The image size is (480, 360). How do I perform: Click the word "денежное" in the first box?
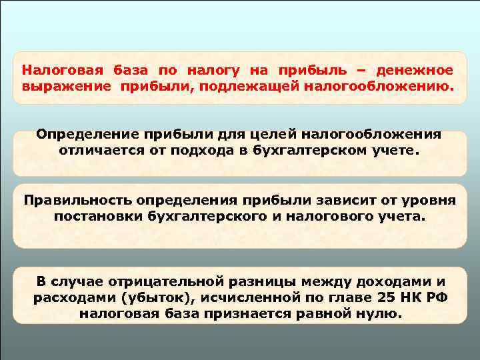(x=414, y=70)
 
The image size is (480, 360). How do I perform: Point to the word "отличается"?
(x=101, y=150)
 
